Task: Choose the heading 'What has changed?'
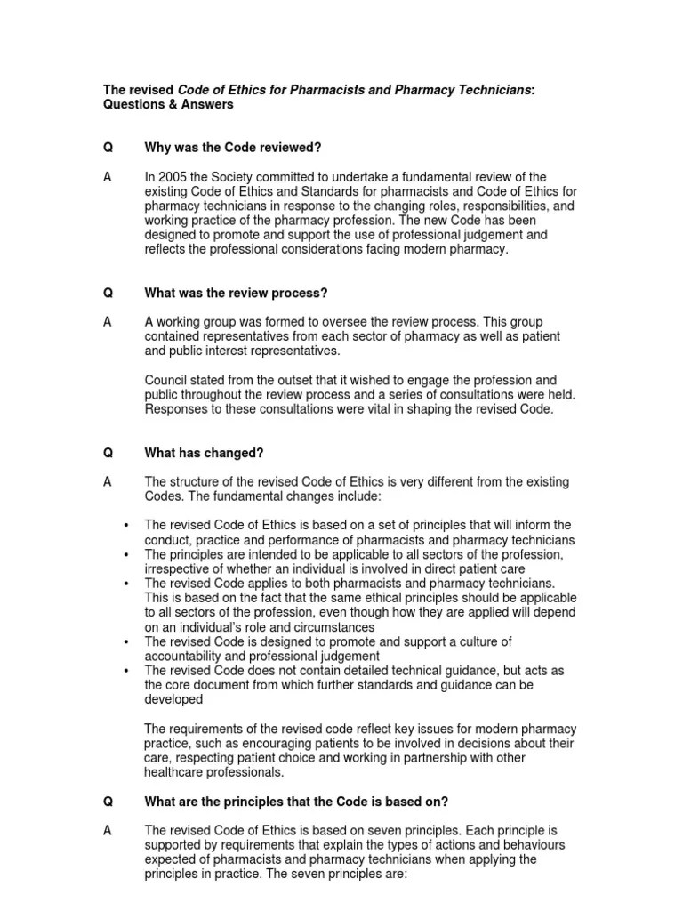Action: (x=204, y=453)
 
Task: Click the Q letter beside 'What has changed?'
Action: (x=108, y=453)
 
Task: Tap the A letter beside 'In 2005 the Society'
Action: (x=108, y=177)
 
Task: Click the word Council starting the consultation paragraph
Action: (x=167, y=380)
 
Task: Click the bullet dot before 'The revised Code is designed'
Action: (x=127, y=641)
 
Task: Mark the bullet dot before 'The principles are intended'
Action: (x=127, y=554)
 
